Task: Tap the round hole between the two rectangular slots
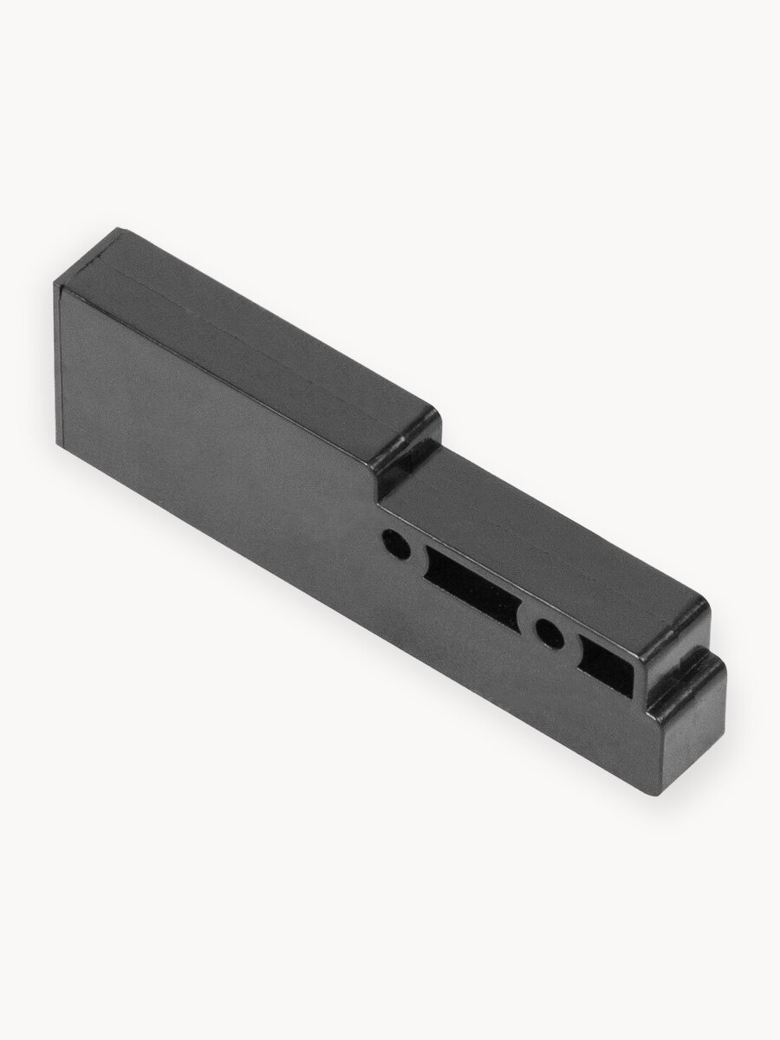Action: pos(548,633)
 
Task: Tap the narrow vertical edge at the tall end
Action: pos(58,364)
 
